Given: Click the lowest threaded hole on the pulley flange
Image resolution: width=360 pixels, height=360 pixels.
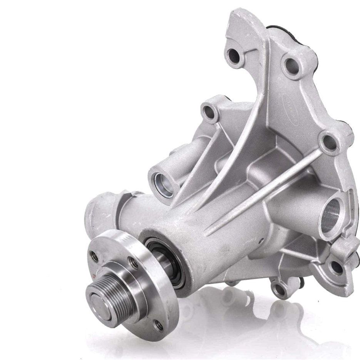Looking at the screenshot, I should point(158,326).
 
